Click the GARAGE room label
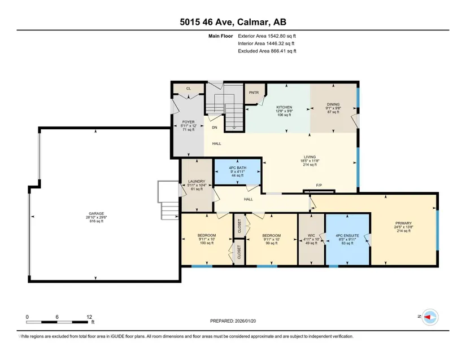(x=96, y=213)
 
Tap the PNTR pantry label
(x=254, y=93)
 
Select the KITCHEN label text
(x=284, y=107)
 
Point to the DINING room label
(x=333, y=104)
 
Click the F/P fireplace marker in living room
(x=319, y=186)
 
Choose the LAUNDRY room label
(x=197, y=181)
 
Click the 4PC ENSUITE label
(x=347, y=236)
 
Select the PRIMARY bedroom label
(x=403, y=223)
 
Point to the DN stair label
(x=215, y=128)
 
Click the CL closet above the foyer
(x=189, y=89)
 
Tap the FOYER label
(x=189, y=122)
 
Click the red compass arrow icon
(x=428, y=317)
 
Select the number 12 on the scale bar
(x=89, y=317)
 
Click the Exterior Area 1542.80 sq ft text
(x=267, y=36)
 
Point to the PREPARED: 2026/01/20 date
(x=233, y=321)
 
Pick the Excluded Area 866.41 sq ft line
(x=267, y=51)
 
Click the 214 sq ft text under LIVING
(x=310, y=165)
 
